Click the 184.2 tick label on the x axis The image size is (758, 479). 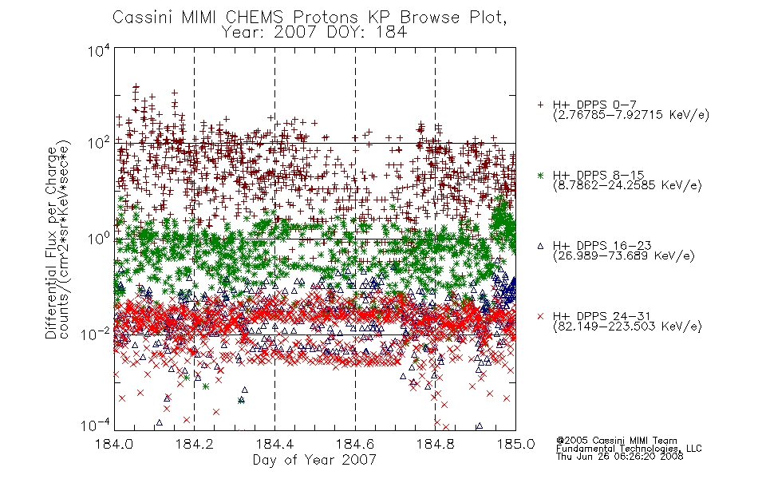195,444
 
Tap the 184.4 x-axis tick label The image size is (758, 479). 274,444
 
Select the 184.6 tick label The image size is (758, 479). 355,444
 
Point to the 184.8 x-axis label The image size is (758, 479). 435,444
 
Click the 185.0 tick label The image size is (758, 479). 515,444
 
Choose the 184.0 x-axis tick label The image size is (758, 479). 114,444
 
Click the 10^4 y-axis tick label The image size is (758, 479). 99,50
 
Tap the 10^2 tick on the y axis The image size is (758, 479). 99,143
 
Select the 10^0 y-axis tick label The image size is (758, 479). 99,239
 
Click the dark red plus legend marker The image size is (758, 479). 540,105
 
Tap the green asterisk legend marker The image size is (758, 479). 540,175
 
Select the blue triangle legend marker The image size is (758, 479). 540,246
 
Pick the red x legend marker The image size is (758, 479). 540,316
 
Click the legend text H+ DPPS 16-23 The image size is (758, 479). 602,246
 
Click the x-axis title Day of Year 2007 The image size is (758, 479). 314,460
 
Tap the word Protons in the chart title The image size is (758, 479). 325,18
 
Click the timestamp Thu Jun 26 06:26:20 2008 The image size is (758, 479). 619,457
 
